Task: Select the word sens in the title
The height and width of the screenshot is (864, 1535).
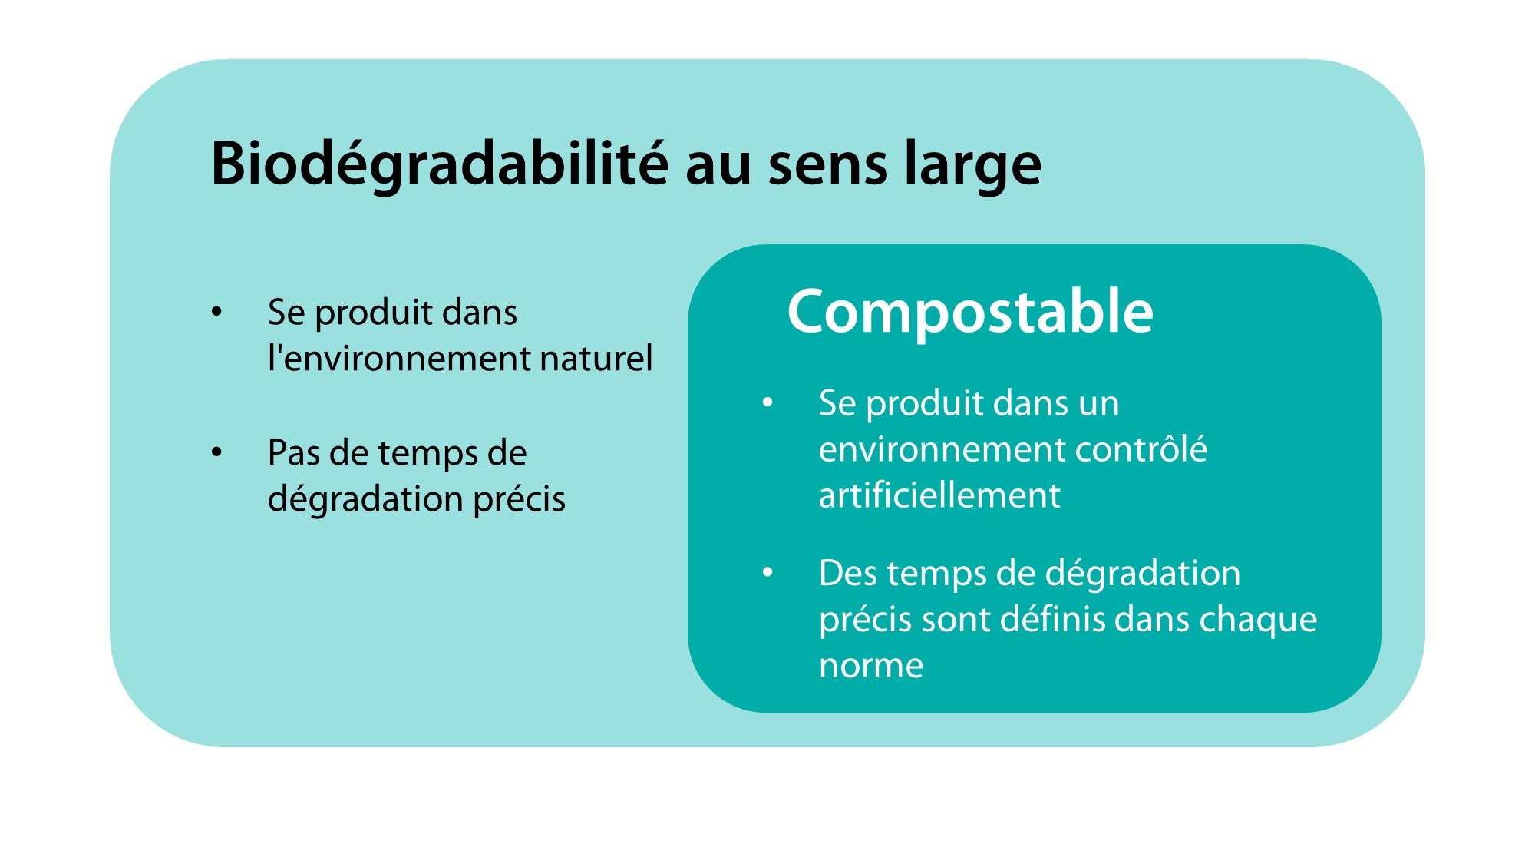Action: pos(827,164)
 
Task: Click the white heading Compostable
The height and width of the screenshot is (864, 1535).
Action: pos(970,312)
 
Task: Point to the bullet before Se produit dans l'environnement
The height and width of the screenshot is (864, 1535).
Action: pos(217,312)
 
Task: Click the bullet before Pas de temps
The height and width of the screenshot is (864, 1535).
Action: pos(217,452)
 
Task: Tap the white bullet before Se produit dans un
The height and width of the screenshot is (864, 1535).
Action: pos(767,402)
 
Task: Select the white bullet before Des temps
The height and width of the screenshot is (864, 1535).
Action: pos(767,572)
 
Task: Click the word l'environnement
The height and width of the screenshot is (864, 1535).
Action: pos(398,359)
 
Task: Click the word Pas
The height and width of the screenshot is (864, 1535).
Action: pos(293,453)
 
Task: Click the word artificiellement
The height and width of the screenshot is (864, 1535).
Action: pos(939,495)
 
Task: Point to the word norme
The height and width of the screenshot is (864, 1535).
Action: pos(871,665)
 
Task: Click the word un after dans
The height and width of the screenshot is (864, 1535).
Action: pos(1098,403)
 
